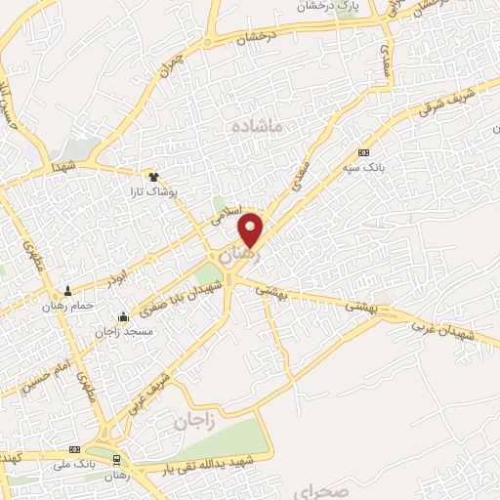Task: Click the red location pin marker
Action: pos(251,229)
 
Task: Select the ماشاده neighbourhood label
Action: pos(258,127)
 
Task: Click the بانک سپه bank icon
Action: pos(363,152)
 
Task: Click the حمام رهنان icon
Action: pos(67,290)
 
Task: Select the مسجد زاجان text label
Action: pos(117,331)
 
